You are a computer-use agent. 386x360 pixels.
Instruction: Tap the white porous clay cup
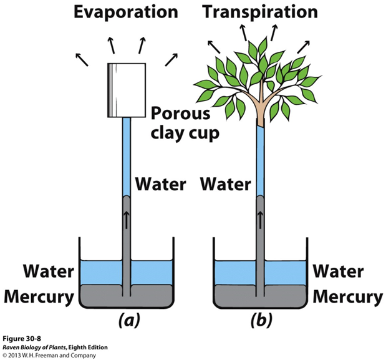(x=127, y=90)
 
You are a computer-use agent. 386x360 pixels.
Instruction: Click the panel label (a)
(x=127, y=321)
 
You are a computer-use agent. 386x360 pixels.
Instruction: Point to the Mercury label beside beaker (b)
(x=348, y=296)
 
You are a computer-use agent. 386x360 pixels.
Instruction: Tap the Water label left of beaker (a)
(x=49, y=272)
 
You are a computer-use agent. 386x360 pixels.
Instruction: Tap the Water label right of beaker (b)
(x=337, y=272)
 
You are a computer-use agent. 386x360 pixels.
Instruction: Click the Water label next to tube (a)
(x=161, y=185)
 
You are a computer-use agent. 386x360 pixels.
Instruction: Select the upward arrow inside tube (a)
(x=127, y=220)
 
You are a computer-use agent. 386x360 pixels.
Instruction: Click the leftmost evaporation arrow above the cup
(x=80, y=59)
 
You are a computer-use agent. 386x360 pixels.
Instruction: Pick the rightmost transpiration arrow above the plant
(x=306, y=46)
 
